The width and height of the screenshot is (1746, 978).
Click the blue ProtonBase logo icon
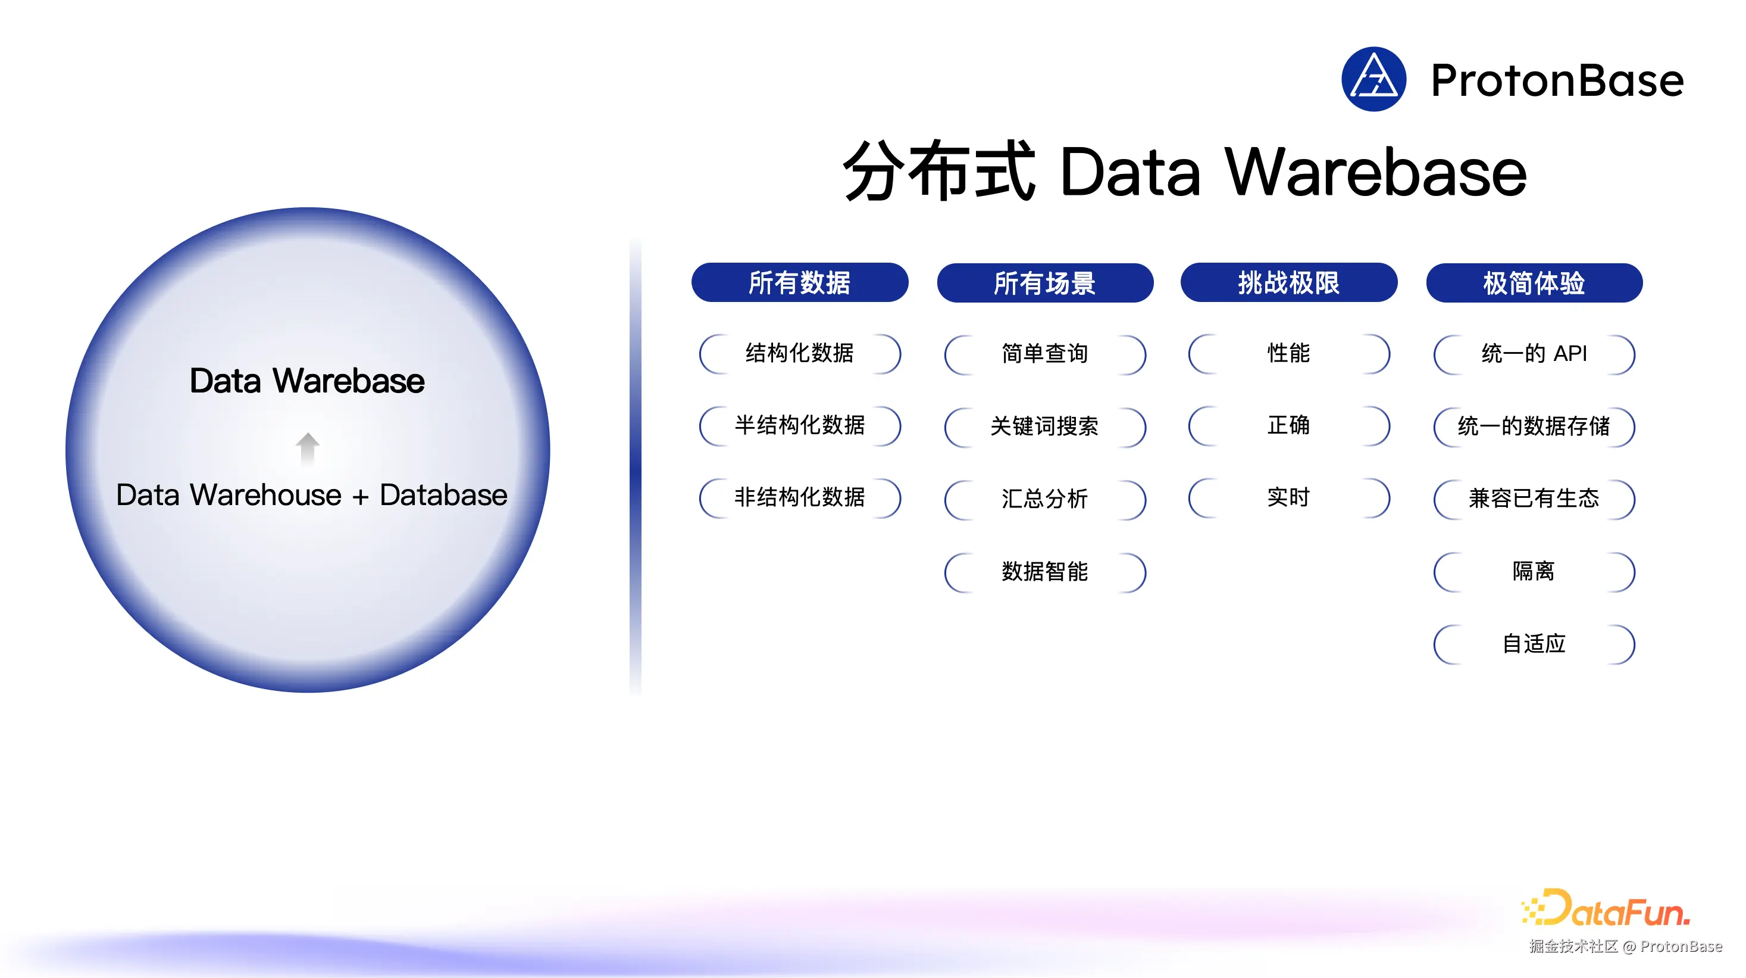(x=1373, y=79)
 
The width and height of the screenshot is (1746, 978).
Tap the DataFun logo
(x=1606, y=909)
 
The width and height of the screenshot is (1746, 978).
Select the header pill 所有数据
(x=799, y=282)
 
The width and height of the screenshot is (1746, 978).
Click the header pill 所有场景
(x=1044, y=283)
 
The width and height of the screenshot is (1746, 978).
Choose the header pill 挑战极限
(x=1288, y=282)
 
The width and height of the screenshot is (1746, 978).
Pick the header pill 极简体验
(x=1534, y=283)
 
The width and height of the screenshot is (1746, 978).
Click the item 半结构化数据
(x=799, y=425)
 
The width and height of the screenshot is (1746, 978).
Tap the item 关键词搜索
(x=1044, y=426)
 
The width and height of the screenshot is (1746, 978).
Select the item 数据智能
(x=1044, y=572)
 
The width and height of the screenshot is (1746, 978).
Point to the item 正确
(x=1288, y=425)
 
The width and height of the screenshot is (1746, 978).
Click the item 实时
(x=1288, y=498)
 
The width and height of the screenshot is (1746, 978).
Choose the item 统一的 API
(x=1534, y=353)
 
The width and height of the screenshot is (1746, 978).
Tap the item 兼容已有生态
(x=1534, y=499)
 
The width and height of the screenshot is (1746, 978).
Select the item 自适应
(x=1534, y=644)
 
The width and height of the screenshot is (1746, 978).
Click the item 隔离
(x=1534, y=571)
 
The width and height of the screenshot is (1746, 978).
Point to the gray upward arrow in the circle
(x=307, y=448)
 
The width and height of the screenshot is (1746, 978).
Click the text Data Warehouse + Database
(x=311, y=495)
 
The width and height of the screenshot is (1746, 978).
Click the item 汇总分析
(x=1044, y=499)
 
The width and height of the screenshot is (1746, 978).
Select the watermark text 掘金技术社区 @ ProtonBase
(x=1625, y=946)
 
